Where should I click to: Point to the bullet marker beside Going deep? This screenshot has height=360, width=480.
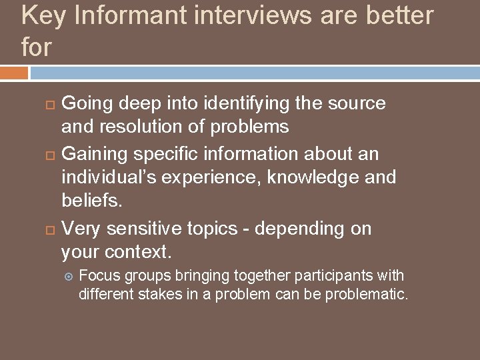[49, 104]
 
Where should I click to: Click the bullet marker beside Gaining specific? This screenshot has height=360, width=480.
[49, 155]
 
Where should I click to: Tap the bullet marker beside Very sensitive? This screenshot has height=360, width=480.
[49, 229]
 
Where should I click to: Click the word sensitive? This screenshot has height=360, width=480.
[137, 229]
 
